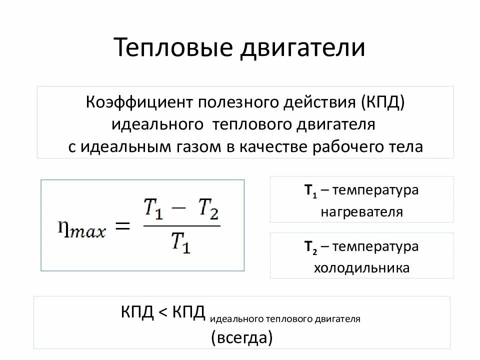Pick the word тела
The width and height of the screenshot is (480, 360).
(x=407, y=146)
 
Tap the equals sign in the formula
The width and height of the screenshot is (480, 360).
(x=122, y=227)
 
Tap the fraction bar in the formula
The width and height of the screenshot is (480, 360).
(x=181, y=226)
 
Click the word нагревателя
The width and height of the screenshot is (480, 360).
(x=361, y=212)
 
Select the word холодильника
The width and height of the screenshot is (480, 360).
(x=361, y=268)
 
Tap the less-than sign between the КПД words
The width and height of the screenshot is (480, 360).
(x=163, y=313)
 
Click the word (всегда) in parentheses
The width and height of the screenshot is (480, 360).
(x=242, y=337)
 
